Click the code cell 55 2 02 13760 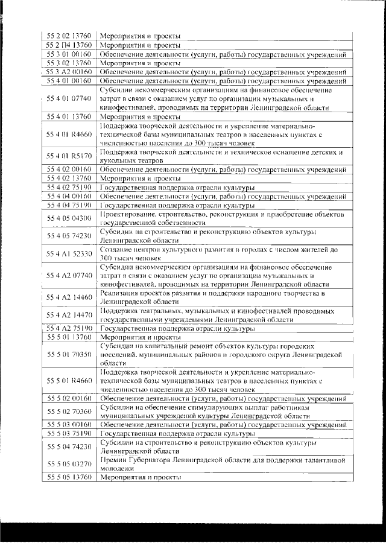click(69, 36)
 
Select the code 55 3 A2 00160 click(69, 71)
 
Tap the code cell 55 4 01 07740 click(69, 98)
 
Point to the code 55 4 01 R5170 click(69, 156)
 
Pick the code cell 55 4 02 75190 click(69, 187)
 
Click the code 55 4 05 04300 click(69, 218)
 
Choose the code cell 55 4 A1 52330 click(69, 253)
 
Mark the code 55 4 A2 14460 click(69, 297)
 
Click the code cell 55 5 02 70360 click(69, 411)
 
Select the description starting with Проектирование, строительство click(221, 218)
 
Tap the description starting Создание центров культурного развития click(221, 253)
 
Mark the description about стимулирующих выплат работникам click(221, 411)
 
